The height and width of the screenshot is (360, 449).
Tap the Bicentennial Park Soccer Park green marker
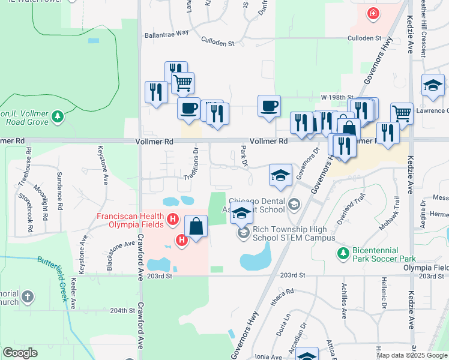(x=343, y=253)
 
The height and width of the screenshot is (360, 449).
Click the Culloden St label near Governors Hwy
(x=366, y=38)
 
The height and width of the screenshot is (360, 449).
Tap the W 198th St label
(x=334, y=97)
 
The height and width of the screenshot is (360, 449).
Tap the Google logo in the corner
(x=20, y=352)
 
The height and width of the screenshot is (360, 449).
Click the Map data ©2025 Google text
(x=412, y=355)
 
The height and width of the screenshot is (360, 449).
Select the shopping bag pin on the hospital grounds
(x=196, y=227)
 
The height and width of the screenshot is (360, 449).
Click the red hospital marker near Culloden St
(x=373, y=13)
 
